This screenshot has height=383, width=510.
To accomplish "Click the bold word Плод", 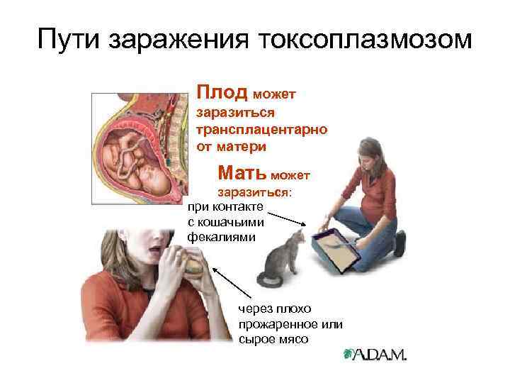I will (x=222, y=92).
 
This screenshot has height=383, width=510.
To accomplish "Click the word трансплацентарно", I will (x=261, y=130).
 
